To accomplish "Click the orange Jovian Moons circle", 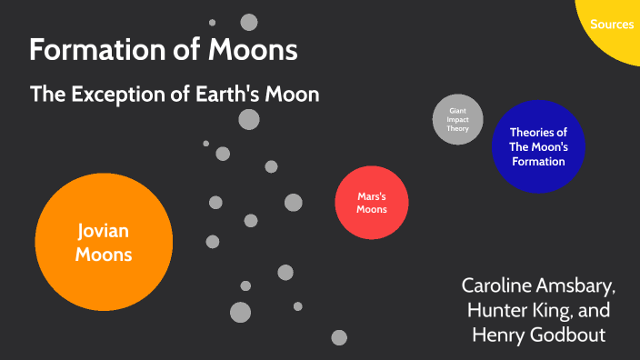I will [x=104, y=242].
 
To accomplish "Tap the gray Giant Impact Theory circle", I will [x=458, y=119].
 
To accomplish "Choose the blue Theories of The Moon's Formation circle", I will [x=537, y=146].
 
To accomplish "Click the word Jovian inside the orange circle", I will [x=104, y=232].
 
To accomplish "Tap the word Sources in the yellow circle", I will [x=612, y=25].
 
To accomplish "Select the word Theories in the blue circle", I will [x=538, y=133].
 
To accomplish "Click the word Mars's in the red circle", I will [x=372, y=195].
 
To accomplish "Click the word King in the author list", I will [x=555, y=309].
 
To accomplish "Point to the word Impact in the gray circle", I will [x=458, y=119].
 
